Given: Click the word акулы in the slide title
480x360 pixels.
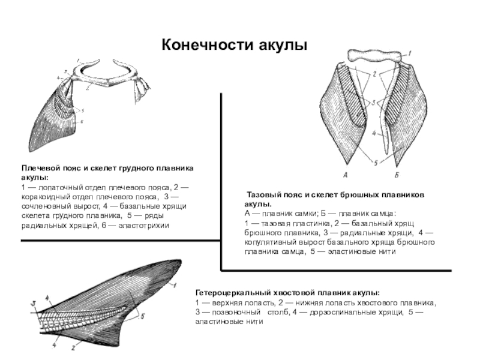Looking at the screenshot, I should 283,46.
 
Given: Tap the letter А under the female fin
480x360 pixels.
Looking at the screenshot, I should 346,176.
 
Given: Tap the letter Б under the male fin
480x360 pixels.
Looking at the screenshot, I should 397,176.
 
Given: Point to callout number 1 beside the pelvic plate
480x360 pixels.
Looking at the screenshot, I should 410,54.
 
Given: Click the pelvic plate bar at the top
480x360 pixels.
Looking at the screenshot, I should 372,58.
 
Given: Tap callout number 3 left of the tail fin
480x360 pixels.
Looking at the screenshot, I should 34,302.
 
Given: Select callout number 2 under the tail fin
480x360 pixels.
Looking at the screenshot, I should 72,347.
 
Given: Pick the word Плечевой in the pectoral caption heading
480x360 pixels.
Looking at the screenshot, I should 43,170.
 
